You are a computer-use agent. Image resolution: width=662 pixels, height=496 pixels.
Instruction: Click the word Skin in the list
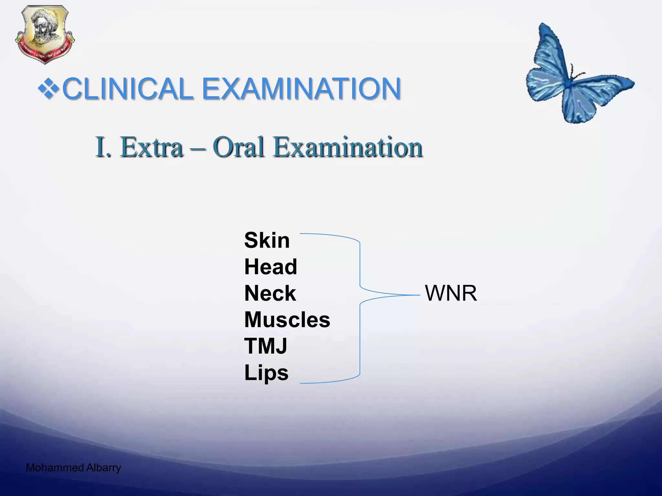pyautogui.click(x=267, y=241)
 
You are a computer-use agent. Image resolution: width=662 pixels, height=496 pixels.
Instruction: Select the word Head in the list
pyautogui.click(x=271, y=267)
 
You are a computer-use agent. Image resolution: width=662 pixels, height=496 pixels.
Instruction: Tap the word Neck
pyautogui.click(x=270, y=294)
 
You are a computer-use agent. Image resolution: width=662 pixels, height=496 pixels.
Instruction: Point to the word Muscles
pyautogui.click(x=287, y=320)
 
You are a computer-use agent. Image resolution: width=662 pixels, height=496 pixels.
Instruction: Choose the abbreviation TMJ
pyautogui.click(x=265, y=346)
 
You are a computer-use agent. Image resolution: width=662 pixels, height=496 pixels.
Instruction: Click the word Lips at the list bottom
pyautogui.click(x=266, y=373)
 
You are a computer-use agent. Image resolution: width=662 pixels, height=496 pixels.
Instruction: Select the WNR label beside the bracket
pyautogui.click(x=451, y=294)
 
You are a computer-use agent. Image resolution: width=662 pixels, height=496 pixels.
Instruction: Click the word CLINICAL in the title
pyautogui.click(x=128, y=88)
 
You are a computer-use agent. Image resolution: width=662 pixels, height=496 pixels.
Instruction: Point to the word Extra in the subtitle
pyautogui.click(x=152, y=147)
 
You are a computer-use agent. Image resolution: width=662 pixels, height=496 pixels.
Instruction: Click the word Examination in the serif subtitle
pyautogui.click(x=347, y=147)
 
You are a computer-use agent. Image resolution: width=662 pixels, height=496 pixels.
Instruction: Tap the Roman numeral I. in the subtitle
pyautogui.click(x=103, y=147)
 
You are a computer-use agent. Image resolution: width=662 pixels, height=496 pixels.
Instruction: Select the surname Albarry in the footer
pyautogui.click(x=103, y=468)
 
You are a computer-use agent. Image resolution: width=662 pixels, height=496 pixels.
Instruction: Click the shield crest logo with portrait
pyautogui.click(x=45, y=34)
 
